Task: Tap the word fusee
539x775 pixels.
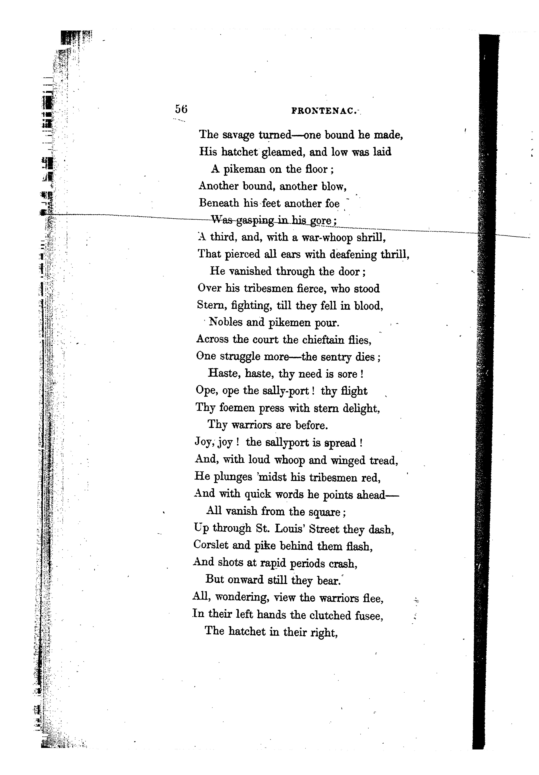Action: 368,616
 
